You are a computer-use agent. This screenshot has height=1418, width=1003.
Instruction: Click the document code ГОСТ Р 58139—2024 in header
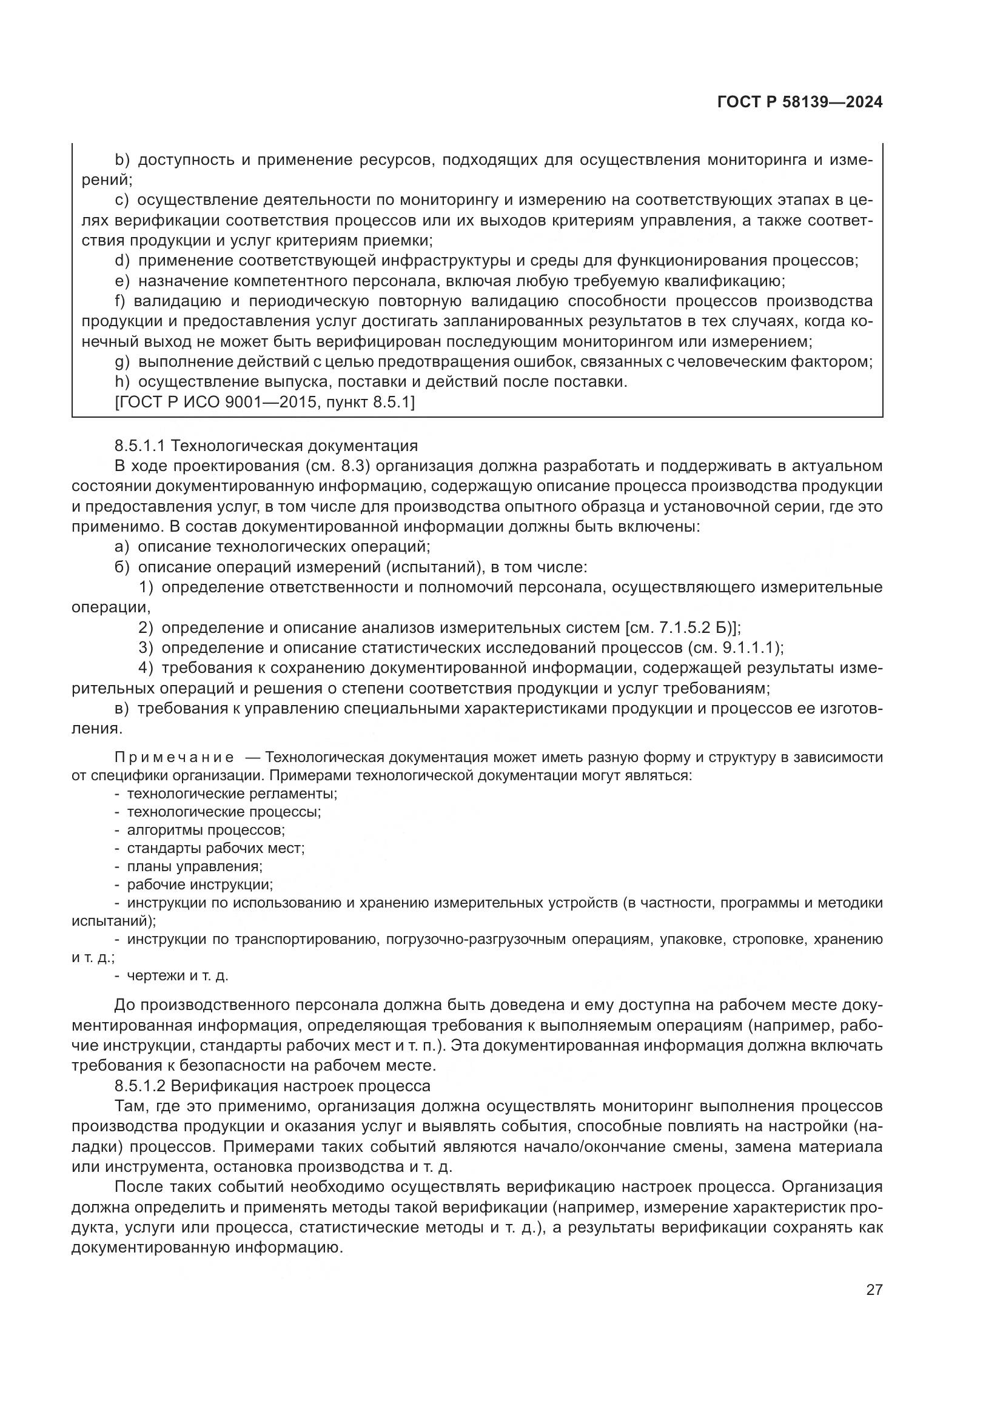tap(799, 102)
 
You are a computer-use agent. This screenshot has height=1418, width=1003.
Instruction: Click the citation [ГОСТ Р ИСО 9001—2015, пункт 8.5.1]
tap(265, 402)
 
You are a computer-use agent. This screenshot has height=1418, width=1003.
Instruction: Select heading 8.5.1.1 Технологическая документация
tap(266, 446)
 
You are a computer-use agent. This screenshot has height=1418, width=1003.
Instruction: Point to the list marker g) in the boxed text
tap(122, 362)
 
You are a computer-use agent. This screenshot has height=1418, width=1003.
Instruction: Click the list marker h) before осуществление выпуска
tap(122, 382)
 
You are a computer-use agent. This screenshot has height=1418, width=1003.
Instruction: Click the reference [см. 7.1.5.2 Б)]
tap(682, 627)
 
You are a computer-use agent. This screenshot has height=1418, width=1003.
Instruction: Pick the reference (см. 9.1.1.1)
tap(734, 648)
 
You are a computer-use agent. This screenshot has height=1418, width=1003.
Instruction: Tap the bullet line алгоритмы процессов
tap(205, 830)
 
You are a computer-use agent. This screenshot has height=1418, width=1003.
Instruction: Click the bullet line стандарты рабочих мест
tap(215, 848)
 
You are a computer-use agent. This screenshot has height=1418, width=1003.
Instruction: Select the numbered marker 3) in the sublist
tap(146, 648)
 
